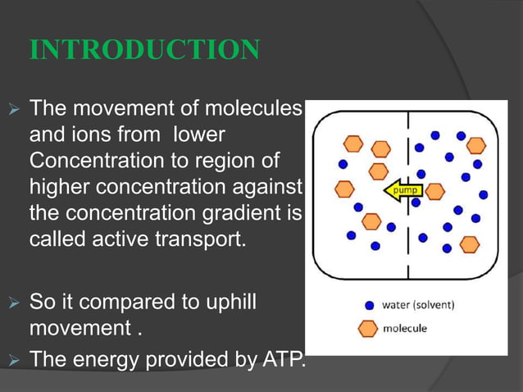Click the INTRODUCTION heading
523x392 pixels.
(145, 50)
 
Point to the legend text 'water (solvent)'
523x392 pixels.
(418, 304)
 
